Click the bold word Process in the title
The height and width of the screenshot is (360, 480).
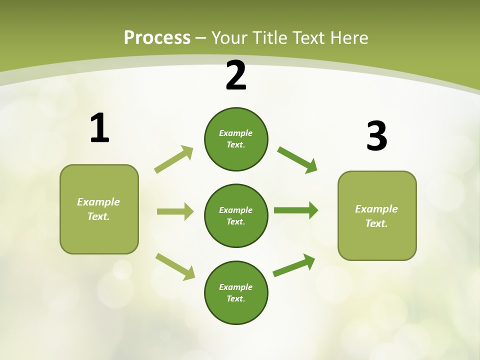click(x=157, y=38)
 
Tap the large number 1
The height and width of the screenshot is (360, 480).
click(x=99, y=128)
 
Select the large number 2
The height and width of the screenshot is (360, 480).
click(x=236, y=75)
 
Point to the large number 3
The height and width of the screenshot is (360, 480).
click(x=376, y=136)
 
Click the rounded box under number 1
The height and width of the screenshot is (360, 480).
click(x=99, y=209)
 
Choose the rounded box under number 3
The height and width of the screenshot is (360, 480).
click(x=377, y=215)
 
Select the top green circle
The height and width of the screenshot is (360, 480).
click(x=236, y=139)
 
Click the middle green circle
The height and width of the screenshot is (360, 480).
click(x=236, y=215)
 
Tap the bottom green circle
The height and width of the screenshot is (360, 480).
click(x=236, y=292)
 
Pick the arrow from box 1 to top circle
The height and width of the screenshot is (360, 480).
click(x=173, y=159)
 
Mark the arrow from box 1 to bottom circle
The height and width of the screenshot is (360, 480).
click(x=175, y=266)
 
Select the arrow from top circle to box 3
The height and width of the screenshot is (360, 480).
click(x=297, y=160)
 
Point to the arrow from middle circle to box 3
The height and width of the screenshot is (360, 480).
click(x=296, y=210)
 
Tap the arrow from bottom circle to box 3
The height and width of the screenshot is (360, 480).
click(x=294, y=265)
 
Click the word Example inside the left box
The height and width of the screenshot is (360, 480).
click(x=98, y=202)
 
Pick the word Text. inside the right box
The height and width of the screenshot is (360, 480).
click(x=376, y=223)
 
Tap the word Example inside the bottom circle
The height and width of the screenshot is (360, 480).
click(x=235, y=287)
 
